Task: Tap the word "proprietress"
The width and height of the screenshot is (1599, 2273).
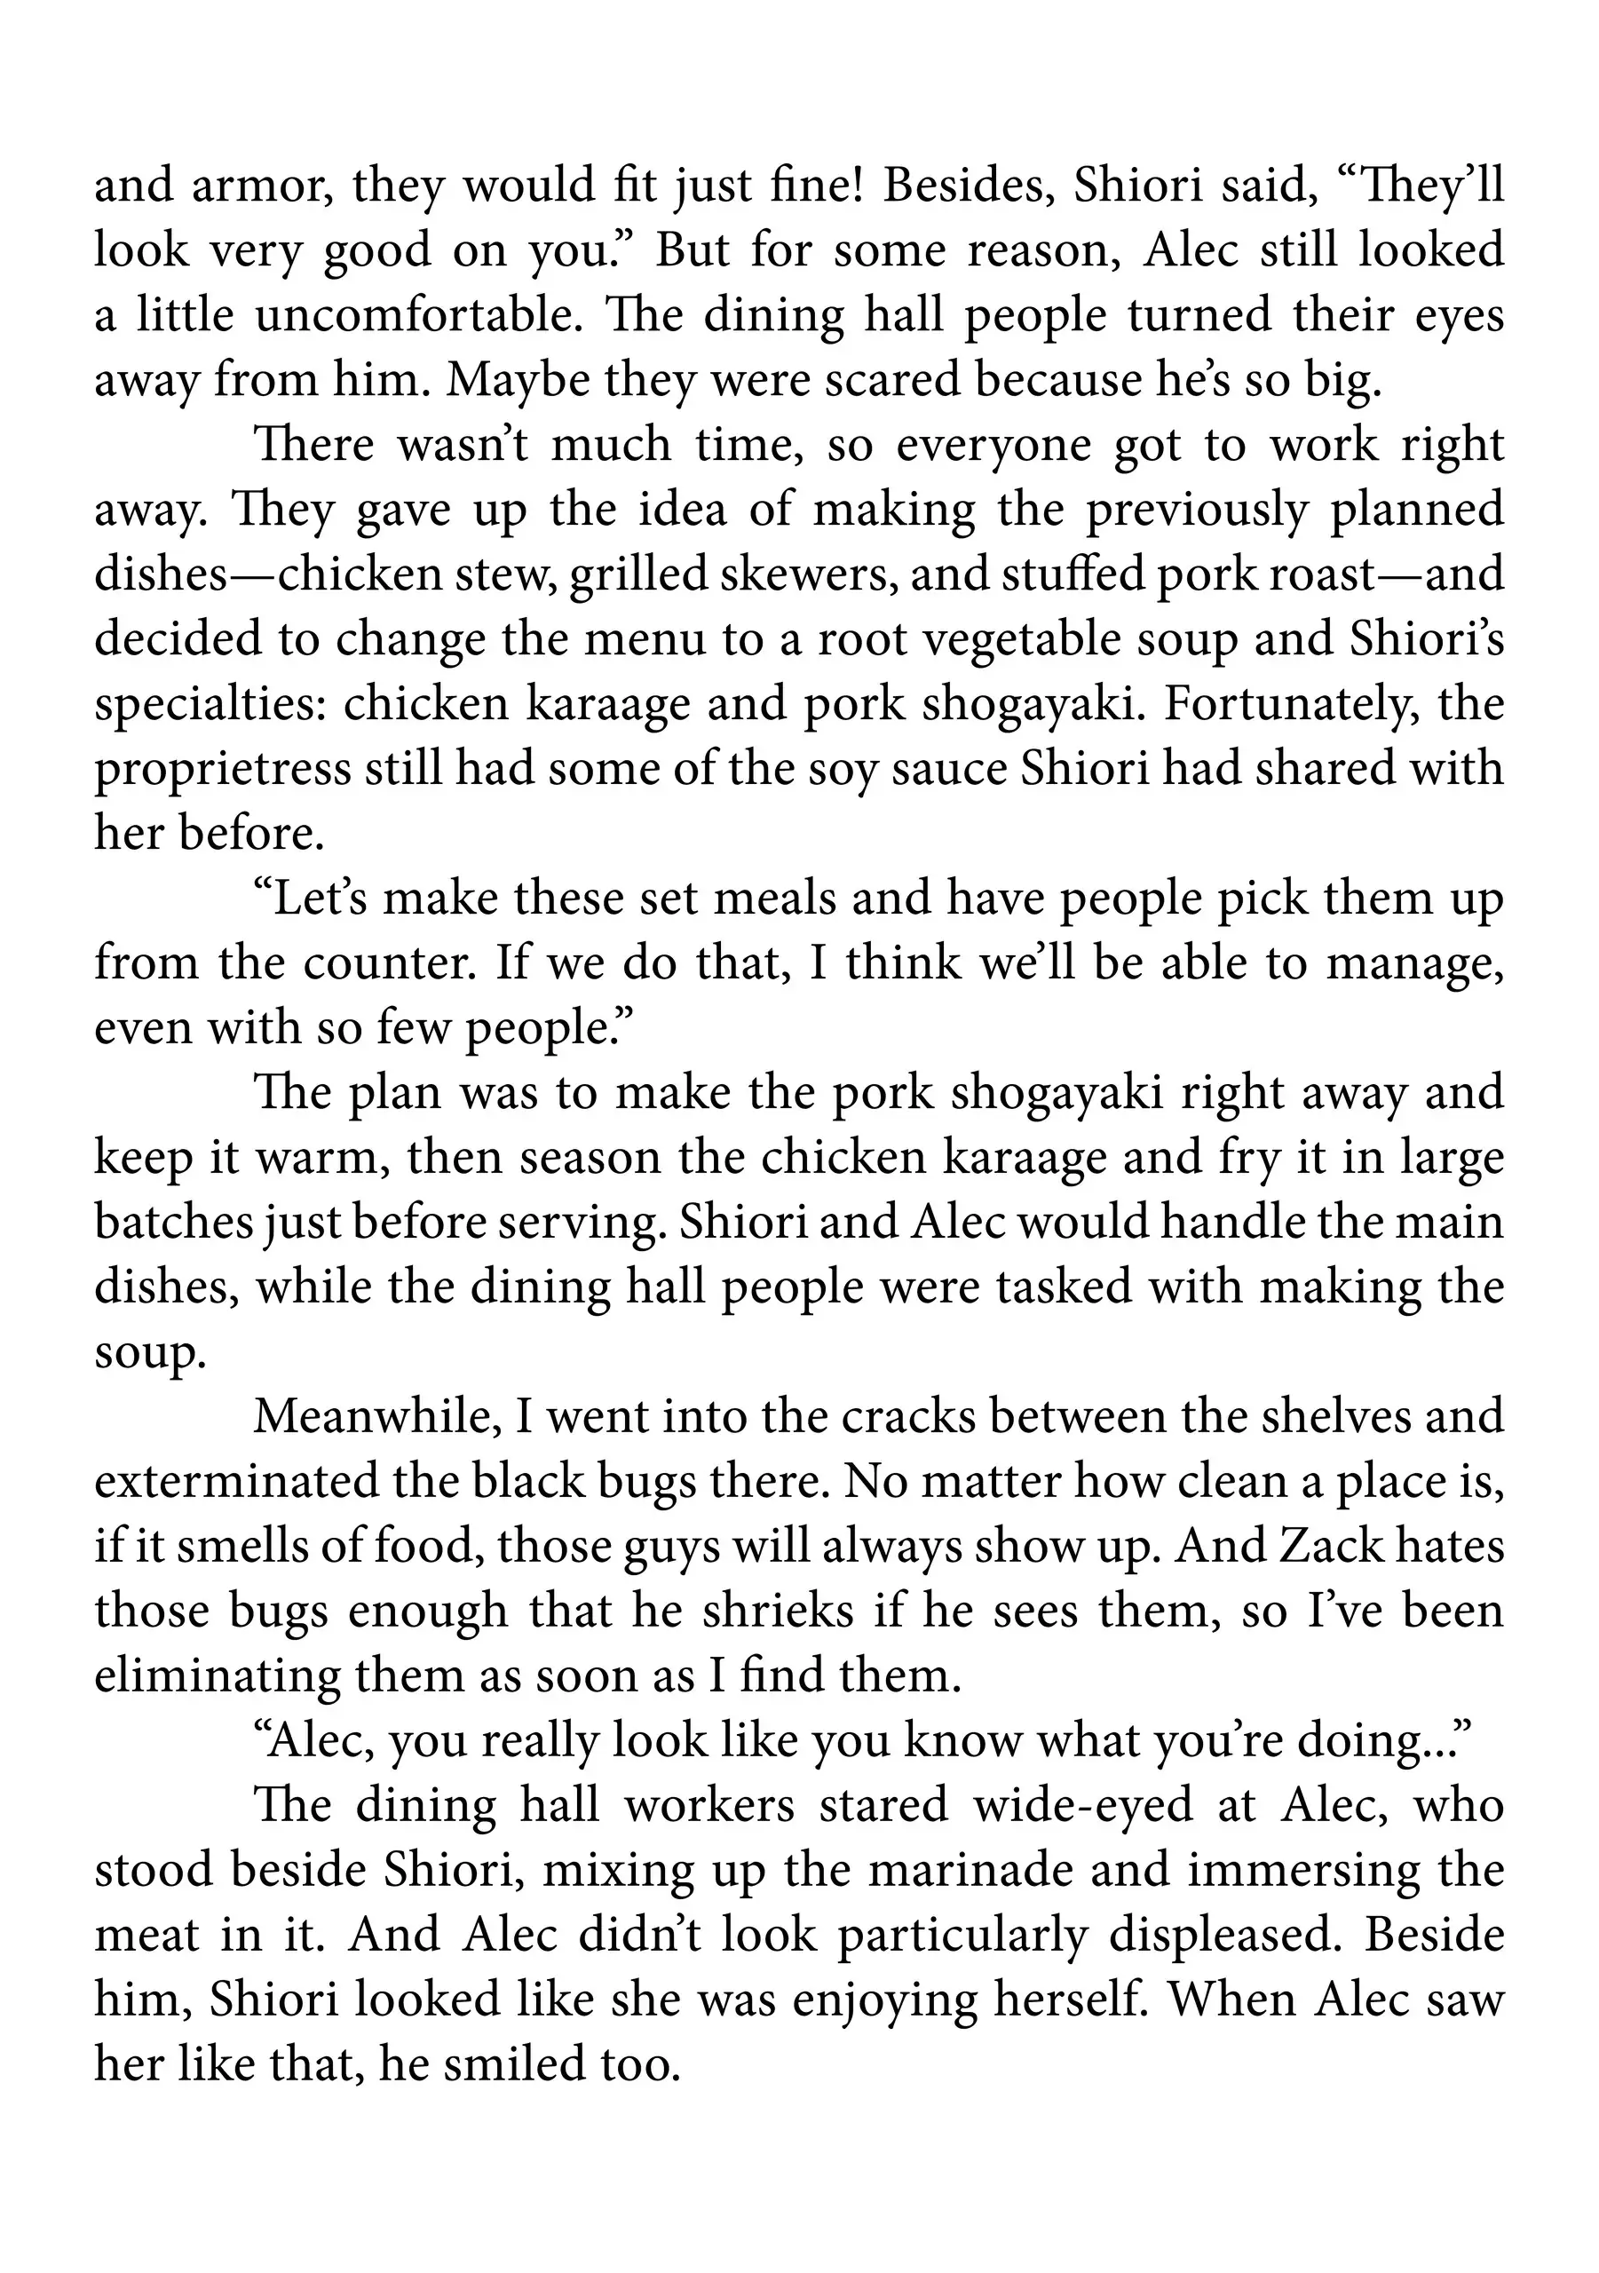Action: (x=223, y=769)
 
